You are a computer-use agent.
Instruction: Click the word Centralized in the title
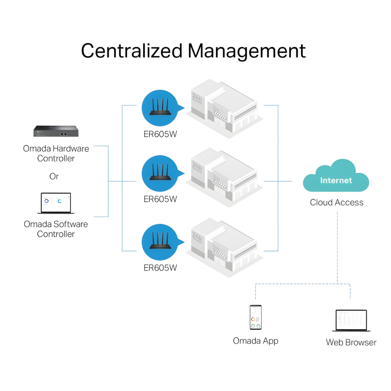(131, 51)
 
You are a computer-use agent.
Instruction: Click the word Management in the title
(247, 51)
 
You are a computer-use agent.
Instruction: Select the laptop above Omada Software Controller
(56, 203)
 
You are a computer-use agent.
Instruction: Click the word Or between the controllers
(54, 176)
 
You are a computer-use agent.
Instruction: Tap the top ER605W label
(160, 135)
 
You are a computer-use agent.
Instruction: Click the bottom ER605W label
(160, 268)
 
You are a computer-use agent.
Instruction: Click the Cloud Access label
(337, 203)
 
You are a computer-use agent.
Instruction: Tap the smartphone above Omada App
(256, 317)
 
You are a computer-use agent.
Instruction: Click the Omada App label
(256, 341)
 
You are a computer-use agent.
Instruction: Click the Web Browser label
(351, 343)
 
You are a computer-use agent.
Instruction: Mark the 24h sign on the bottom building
(197, 236)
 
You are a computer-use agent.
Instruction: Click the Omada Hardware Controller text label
(56, 154)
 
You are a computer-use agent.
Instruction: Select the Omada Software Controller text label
(56, 229)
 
